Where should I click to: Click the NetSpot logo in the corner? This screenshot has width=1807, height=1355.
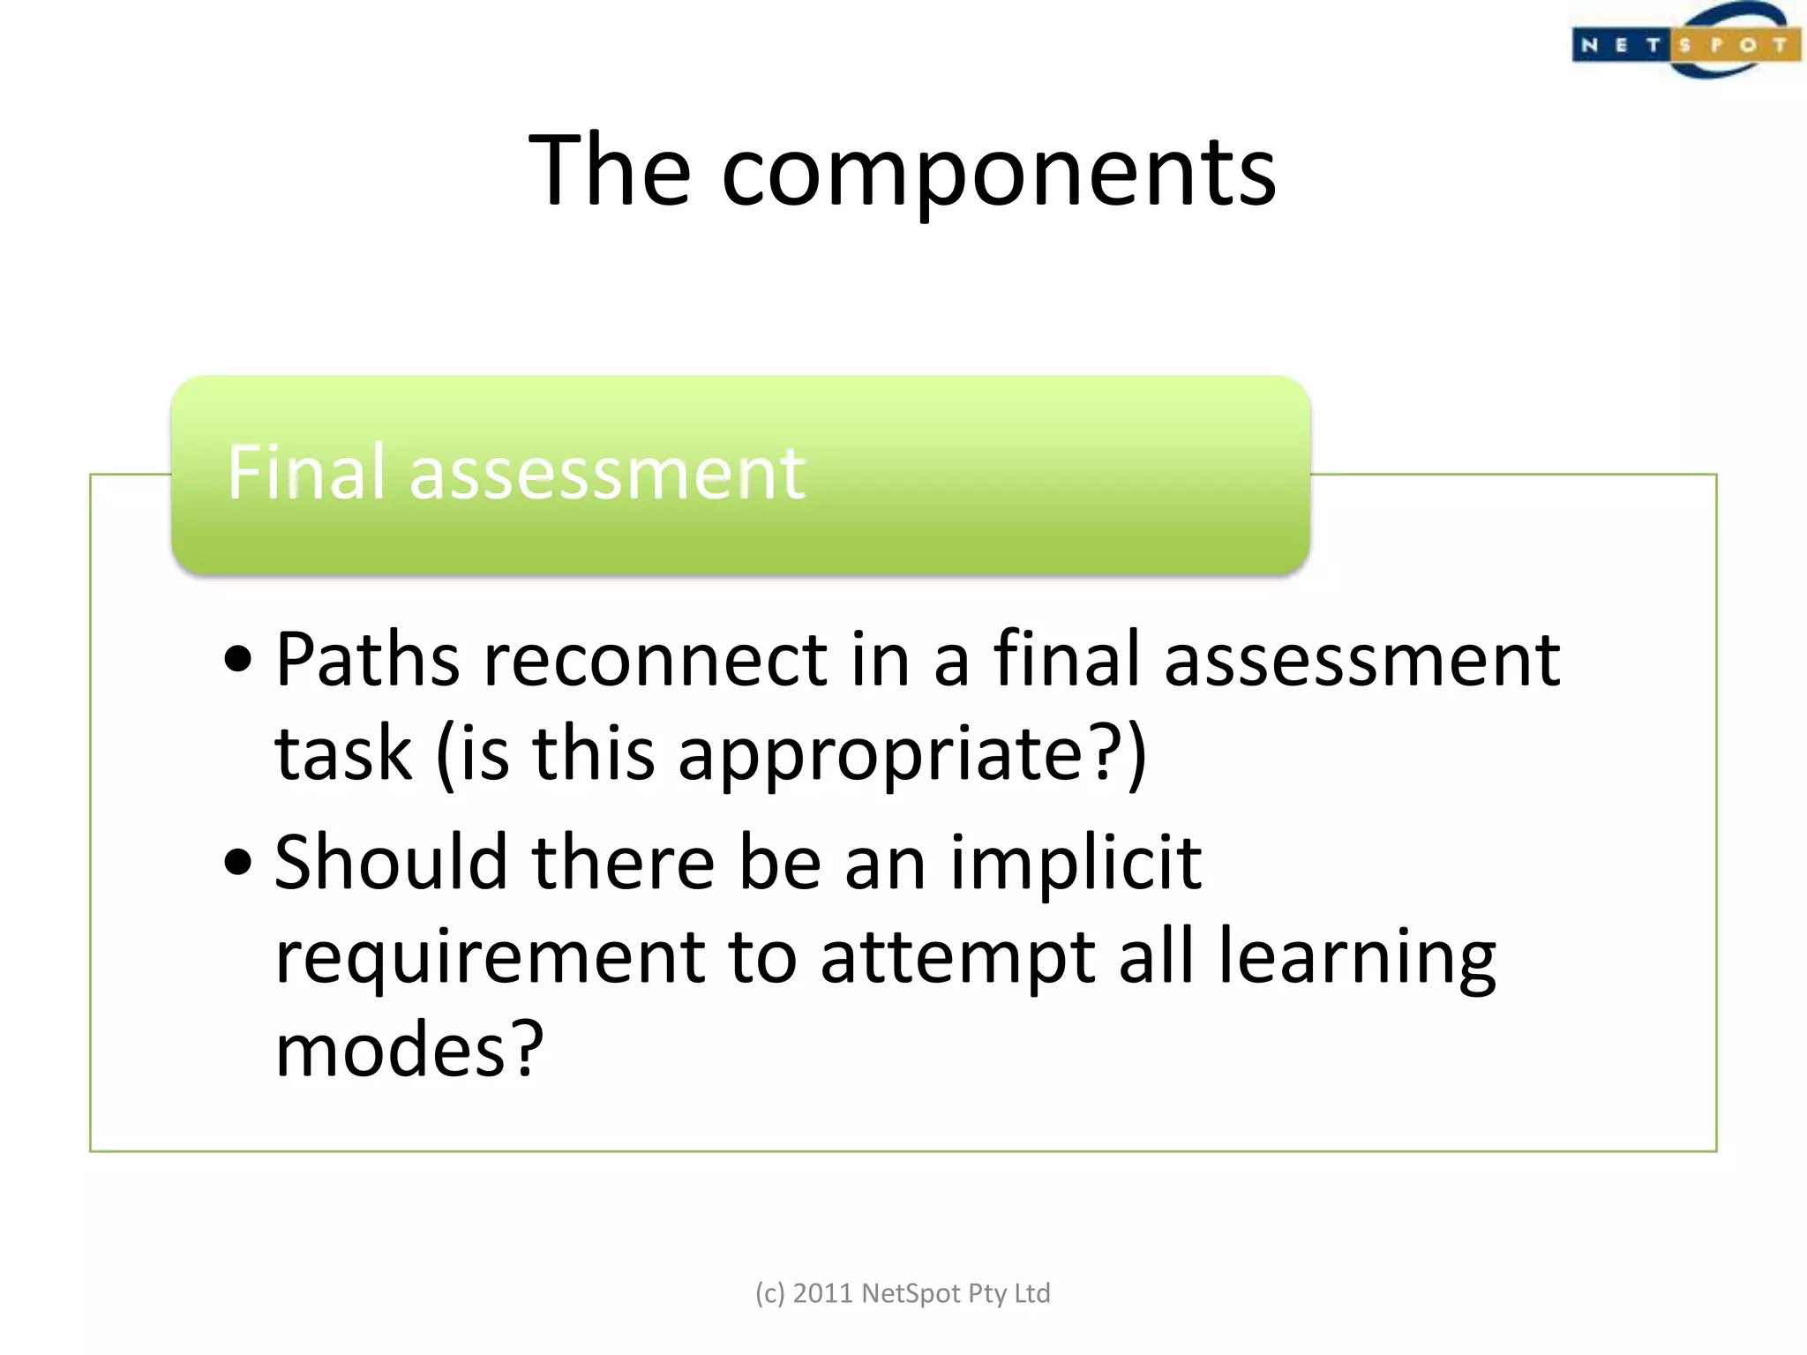point(1685,42)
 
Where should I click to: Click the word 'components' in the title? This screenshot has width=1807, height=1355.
point(999,172)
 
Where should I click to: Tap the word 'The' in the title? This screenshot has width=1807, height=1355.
point(610,170)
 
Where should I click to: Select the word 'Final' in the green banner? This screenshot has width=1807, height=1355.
point(306,473)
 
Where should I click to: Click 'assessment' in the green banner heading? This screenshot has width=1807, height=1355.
point(607,475)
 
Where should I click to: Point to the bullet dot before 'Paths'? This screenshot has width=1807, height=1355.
point(238,659)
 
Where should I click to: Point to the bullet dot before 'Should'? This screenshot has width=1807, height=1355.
point(238,862)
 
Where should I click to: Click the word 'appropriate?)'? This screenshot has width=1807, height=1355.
point(912,755)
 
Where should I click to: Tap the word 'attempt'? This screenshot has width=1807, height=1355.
point(958,958)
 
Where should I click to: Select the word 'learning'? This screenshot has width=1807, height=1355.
point(1358,958)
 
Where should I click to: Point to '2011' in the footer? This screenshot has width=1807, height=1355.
point(822,1293)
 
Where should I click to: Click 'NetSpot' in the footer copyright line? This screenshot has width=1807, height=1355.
point(911,1293)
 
